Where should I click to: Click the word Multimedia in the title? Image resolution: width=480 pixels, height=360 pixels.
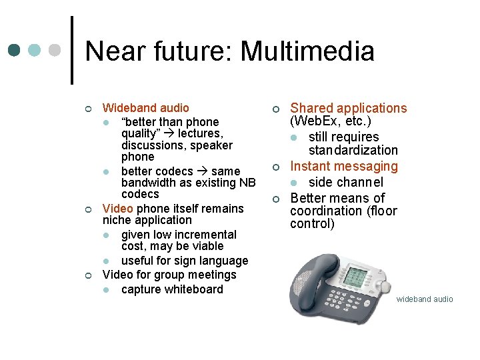click(x=307, y=51)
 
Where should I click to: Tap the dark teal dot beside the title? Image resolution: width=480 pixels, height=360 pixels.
click(x=14, y=50)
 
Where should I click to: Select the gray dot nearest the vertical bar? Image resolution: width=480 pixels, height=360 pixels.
click(x=56, y=50)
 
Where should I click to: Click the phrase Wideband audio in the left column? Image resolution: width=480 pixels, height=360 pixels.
click(x=145, y=108)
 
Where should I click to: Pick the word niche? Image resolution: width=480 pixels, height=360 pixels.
click(x=117, y=220)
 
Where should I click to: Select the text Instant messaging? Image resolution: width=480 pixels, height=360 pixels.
click(x=343, y=166)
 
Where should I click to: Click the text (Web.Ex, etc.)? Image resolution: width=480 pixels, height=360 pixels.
click(x=330, y=121)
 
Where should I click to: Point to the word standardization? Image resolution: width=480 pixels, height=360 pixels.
click(x=353, y=151)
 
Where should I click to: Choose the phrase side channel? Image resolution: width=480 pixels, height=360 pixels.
click(x=345, y=182)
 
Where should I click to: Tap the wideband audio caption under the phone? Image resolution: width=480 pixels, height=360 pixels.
click(x=424, y=299)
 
